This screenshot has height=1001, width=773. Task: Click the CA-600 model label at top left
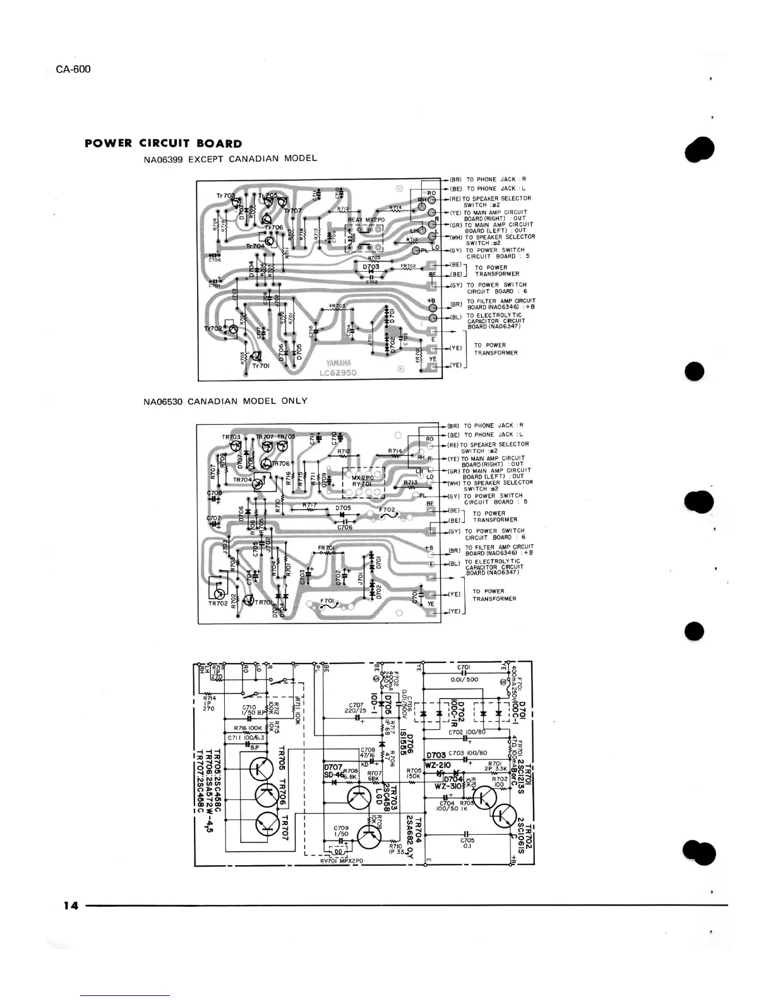(x=73, y=69)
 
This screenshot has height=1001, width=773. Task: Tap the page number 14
(x=70, y=906)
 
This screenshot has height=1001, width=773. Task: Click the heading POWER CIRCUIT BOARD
(x=163, y=143)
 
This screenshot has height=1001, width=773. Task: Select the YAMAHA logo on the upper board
(x=339, y=363)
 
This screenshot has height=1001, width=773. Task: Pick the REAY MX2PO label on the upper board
(x=366, y=220)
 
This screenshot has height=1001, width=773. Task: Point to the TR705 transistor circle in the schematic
(x=261, y=769)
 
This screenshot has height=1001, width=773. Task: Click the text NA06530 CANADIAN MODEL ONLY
(x=225, y=401)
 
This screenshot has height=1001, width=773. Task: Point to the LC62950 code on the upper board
(x=339, y=373)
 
